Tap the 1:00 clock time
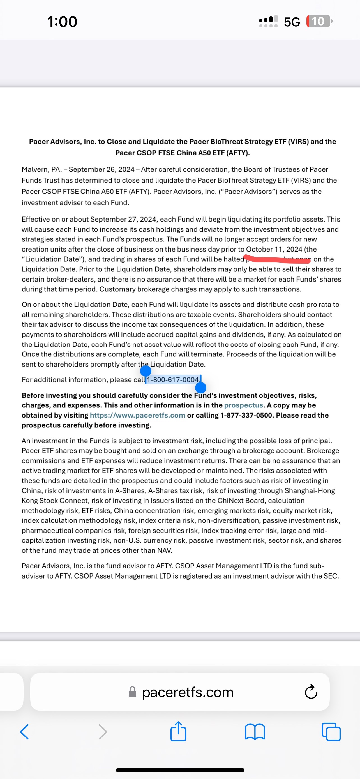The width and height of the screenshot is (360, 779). (62, 22)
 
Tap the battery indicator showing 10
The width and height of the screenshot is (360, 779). (319, 22)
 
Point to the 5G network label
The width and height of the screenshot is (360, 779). (292, 22)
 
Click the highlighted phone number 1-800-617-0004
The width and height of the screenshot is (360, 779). (173, 379)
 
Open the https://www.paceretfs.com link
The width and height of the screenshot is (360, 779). (138, 415)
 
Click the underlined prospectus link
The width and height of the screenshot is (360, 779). (243, 405)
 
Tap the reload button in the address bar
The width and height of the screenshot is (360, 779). (311, 692)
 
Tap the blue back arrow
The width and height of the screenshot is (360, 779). (24, 732)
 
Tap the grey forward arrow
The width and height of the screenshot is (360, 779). (103, 732)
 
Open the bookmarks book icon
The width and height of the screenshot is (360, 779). (255, 732)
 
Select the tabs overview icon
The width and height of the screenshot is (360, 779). (331, 732)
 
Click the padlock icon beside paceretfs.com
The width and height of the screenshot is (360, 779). (132, 692)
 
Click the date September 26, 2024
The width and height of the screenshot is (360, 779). (101, 169)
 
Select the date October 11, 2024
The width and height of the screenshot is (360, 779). (274, 249)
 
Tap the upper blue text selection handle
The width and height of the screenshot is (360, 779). (146, 370)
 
